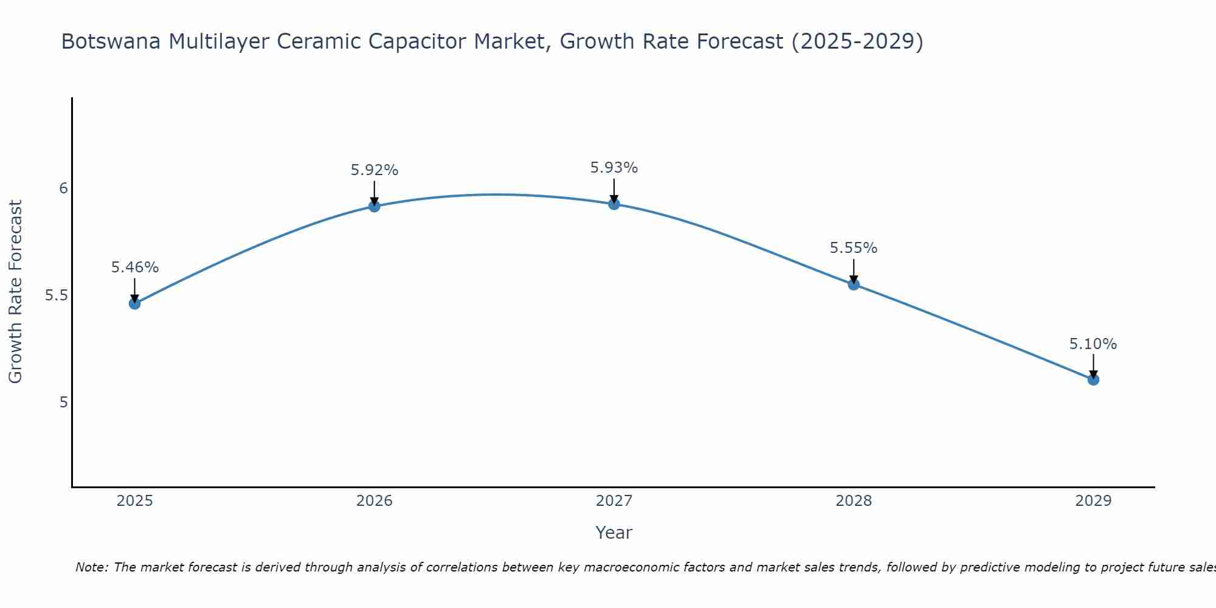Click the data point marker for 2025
pyautogui.click(x=134, y=303)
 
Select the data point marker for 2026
pyautogui.click(x=374, y=206)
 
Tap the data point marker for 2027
pyautogui.click(x=614, y=204)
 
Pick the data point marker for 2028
pyautogui.click(x=854, y=284)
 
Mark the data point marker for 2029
pyautogui.click(x=1093, y=379)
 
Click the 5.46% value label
pyautogui.click(x=134, y=268)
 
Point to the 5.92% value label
pyautogui.click(x=374, y=170)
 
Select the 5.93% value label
pyautogui.click(x=614, y=168)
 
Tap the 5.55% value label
pyautogui.click(x=854, y=248)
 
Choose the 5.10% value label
pyautogui.click(x=1093, y=344)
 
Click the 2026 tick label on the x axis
pyautogui.click(x=374, y=501)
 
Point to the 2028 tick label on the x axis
pyautogui.click(x=854, y=501)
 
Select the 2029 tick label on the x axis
pyautogui.click(x=1093, y=501)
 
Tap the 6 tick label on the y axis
pyautogui.click(x=63, y=188)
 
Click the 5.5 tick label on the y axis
pyautogui.click(x=56, y=295)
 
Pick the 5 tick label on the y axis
pyautogui.click(x=63, y=402)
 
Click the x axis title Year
pyautogui.click(x=614, y=533)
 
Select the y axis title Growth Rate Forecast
pyautogui.click(x=16, y=292)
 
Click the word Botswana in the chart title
pyautogui.click(x=111, y=41)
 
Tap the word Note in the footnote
pyautogui.click(x=91, y=567)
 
